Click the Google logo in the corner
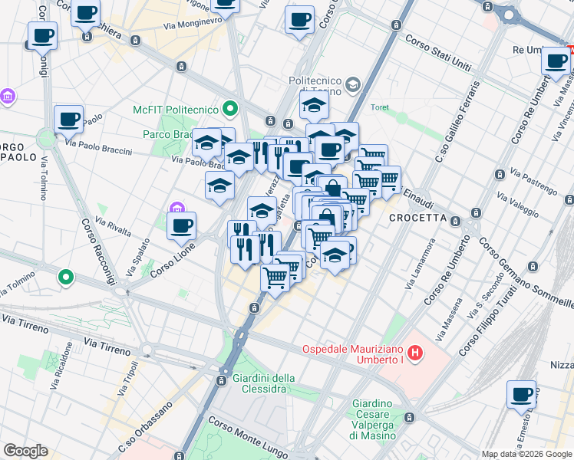click(x=25, y=451)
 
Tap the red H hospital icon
click(x=415, y=353)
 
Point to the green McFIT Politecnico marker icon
click(x=229, y=107)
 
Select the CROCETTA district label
click(x=418, y=218)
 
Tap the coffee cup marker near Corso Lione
click(x=181, y=226)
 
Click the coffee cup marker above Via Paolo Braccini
click(x=68, y=120)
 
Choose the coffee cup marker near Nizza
click(x=521, y=394)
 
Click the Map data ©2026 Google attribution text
click(x=526, y=454)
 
